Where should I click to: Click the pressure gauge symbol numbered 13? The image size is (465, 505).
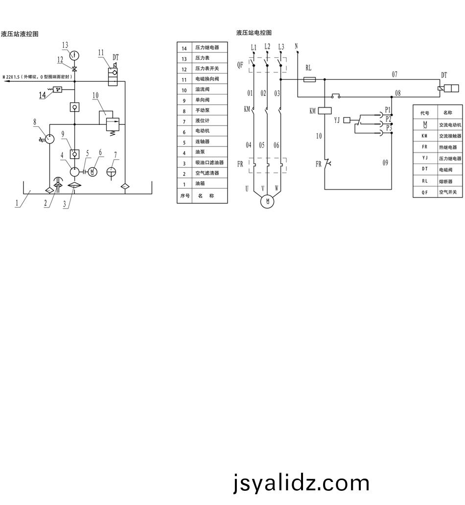click(x=74, y=54)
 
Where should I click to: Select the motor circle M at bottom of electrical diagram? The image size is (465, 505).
click(x=267, y=201)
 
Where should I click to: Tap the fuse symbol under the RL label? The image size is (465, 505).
click(x=309, y=79)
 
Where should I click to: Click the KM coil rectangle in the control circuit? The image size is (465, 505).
click(x=325, y=111)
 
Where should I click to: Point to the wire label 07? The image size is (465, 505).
click(x=395, y=74)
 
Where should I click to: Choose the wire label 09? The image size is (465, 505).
click(x=385, y=163)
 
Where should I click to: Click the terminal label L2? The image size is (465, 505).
click(x=267, y=47)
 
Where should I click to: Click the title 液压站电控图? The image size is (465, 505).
click(x=254, y=33)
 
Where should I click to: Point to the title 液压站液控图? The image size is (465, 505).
click(x=20, y=34)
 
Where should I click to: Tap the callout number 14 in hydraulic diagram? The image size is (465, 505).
click(x=43, y=95)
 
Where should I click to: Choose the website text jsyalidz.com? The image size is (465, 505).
click(x=301, y=483)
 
